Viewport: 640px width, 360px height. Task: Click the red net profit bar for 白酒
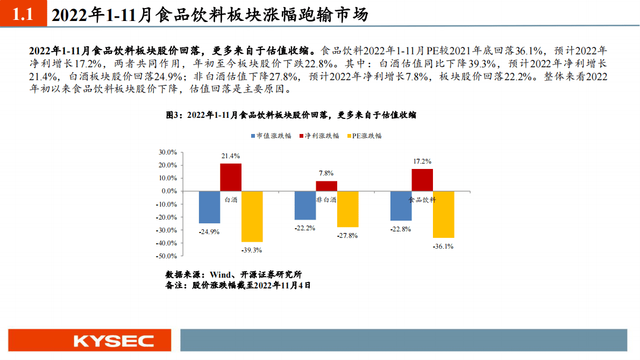[231, 177]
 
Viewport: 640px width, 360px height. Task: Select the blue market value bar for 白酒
[209, 207]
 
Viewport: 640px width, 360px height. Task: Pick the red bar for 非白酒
[326, 186]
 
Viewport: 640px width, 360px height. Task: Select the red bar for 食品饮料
[422, 180]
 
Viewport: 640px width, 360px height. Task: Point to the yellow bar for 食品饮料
[444, 214]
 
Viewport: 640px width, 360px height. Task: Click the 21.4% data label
[230, 156]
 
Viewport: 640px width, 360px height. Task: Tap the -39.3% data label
[252, 250]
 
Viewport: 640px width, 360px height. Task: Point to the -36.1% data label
[443, 246]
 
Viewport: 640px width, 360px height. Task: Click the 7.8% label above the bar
[326, 173]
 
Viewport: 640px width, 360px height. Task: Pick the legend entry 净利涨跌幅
[319, 136]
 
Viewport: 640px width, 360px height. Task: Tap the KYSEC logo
[113, 341]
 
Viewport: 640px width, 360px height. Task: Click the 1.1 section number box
[23, 15]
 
